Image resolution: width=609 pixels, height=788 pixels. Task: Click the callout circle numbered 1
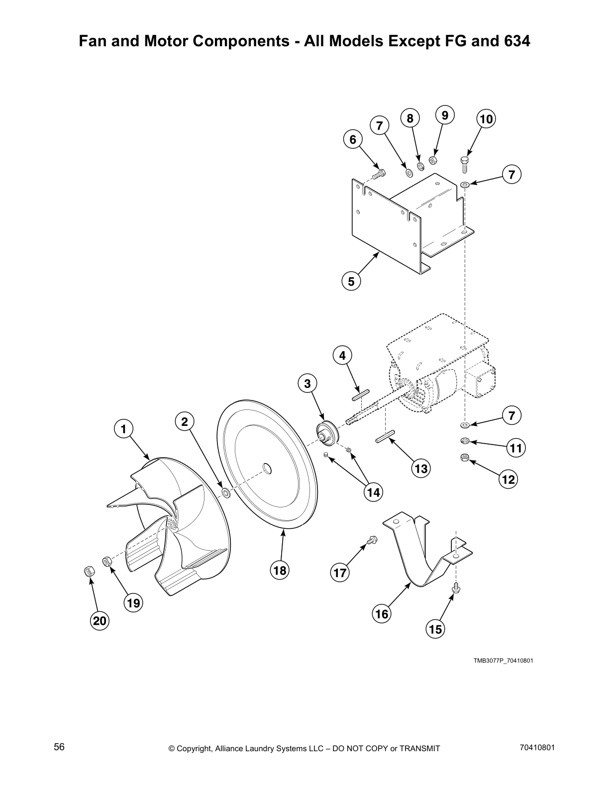click(123, 428)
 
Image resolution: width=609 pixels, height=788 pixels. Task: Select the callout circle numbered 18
click(280, 571)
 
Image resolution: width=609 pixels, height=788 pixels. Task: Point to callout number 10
click(486, 119)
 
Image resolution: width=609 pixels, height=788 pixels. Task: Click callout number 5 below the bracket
click(351, 282)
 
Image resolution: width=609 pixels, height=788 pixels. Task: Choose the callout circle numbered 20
click(100, 621)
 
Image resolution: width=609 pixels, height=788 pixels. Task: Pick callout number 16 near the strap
click(382, 614)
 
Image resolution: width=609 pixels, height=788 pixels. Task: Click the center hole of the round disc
click(267, 468)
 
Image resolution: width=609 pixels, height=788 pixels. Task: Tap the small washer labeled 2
click(225, 493)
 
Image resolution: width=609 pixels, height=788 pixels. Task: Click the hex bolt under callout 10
click(464, 164)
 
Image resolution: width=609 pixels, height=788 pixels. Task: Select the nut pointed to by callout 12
click(463, 457)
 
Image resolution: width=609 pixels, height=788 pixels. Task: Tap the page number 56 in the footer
click(59, 747)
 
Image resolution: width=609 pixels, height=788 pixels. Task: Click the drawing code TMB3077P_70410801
click(503, 661)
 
